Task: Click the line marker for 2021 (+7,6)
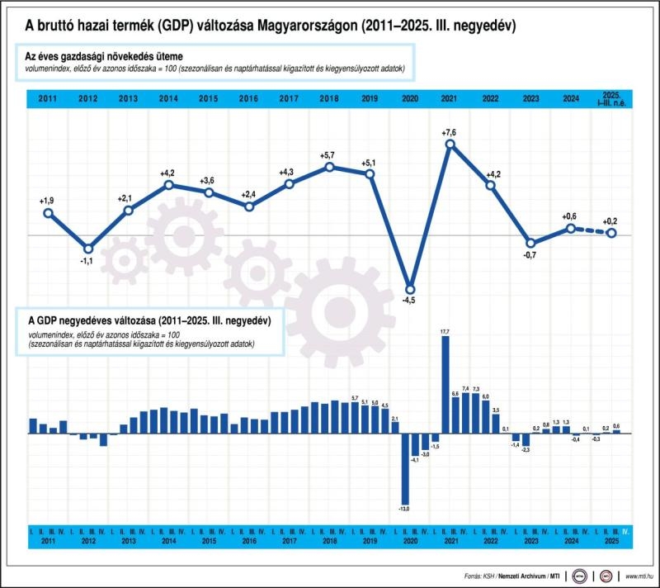coord(450,145)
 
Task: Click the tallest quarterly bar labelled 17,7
coord(445,385)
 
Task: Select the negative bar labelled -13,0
coord(405,467)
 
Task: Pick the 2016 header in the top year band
coord(248,99)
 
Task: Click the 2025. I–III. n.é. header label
coord(611,98)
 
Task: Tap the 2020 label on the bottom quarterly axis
coord(410,541)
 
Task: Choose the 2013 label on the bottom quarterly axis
coord(128,541)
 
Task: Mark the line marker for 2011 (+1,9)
coord(48,213)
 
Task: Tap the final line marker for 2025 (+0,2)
coord(611,233)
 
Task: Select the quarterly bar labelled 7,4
coord(466,413)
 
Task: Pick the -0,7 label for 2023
coord(530,254)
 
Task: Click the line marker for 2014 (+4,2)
coord(168,185)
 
